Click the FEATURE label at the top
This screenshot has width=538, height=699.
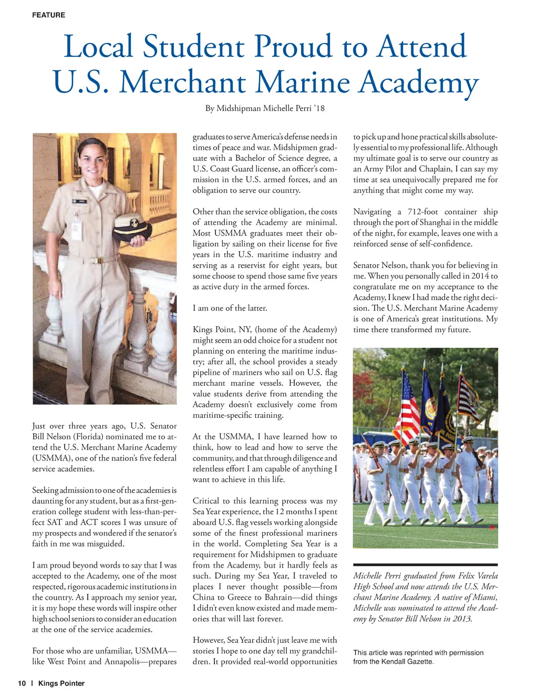click(x=48, y=15)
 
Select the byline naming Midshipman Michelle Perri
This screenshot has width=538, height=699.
click(x=265, y=108)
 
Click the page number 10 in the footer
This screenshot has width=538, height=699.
click(x=22, y=683)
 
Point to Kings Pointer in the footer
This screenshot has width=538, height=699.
click(x=61, y=683)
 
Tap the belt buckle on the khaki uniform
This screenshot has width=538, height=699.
click(x=97, y=260)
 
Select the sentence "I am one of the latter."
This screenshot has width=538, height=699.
click(x=230, y=308)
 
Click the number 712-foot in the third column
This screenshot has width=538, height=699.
click(x=423, y=212)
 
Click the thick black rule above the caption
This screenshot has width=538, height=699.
click(x=425, y=564)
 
